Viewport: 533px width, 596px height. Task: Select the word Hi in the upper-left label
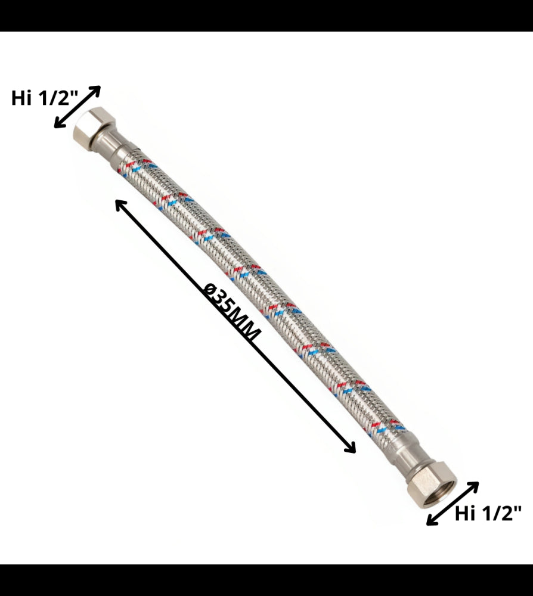[21, 99]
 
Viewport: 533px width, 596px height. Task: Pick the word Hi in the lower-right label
[465, 513]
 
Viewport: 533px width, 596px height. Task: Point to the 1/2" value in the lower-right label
[501, 513]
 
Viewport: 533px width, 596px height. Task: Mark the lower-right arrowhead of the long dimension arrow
[351, 448]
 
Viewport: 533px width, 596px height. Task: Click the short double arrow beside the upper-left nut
[77, 107]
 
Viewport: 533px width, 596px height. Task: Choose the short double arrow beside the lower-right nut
[453, 504]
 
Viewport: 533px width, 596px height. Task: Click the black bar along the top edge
[266, 15]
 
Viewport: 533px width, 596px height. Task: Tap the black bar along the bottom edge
[266, 580]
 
